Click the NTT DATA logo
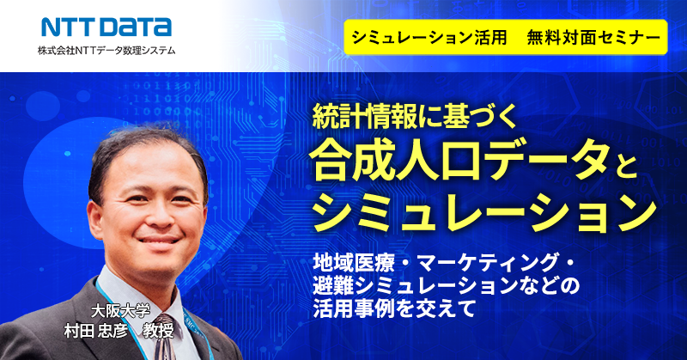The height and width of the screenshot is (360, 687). pyautogui.click(x=106, y=27)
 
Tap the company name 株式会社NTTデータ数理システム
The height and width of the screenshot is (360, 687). pyautogui.click(x=106, y=51)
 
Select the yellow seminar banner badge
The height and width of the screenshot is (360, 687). pyautogui.click(x=506, y=37)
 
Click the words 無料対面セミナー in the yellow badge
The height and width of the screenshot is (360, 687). pyautogui.click(x=593, y=38)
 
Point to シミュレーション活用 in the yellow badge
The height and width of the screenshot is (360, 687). pyautogui.click(x=429, y=38)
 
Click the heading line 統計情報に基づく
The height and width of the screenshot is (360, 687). pyautogui.click(x=415, y=117)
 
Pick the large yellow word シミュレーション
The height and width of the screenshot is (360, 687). pyautogui.click(x=484, y=212)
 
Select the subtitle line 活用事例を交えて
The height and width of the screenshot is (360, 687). pyautogui.click(x=394, y=308)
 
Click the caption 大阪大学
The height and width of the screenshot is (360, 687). pyautogui.click(x=120, y=311)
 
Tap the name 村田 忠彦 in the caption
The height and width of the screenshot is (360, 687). pyautogui.click(x=95, y=330)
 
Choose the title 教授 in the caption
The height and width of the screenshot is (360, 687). pyautogui.click(x=159, y=330)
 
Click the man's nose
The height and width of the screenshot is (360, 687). pyautogui.click(x=155, y=214)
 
